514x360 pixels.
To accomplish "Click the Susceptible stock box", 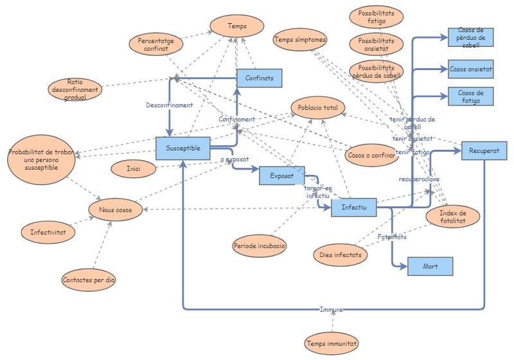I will click(x=184, y=148).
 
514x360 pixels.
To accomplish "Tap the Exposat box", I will click(x=281, y=175).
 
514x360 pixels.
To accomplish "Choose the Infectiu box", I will click(x=353, y=208).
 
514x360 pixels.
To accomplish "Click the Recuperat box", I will click(x=484, y=150).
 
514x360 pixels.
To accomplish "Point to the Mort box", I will click(x=430, y=266).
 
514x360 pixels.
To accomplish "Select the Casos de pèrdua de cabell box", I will click(x=471, y=37).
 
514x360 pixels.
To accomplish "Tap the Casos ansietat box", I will click(x=471, y=68).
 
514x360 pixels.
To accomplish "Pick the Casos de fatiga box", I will click(x=471, y=96).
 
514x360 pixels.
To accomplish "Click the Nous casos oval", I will click(x=115, y=210).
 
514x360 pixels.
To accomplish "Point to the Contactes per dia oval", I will click(x=89, y=280).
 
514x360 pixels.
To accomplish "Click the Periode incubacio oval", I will click(x=260, y=246).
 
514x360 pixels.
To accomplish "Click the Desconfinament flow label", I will click(x=169, y=105).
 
